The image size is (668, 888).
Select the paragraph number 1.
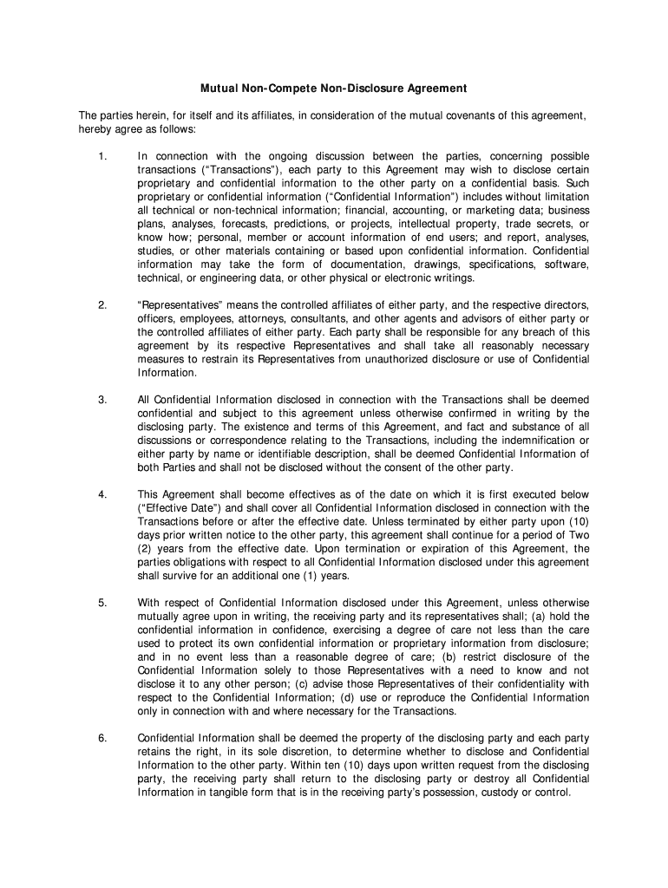102,156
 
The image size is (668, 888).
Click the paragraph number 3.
102,400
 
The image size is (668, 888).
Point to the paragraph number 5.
102,602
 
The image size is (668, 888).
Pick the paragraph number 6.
102,738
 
